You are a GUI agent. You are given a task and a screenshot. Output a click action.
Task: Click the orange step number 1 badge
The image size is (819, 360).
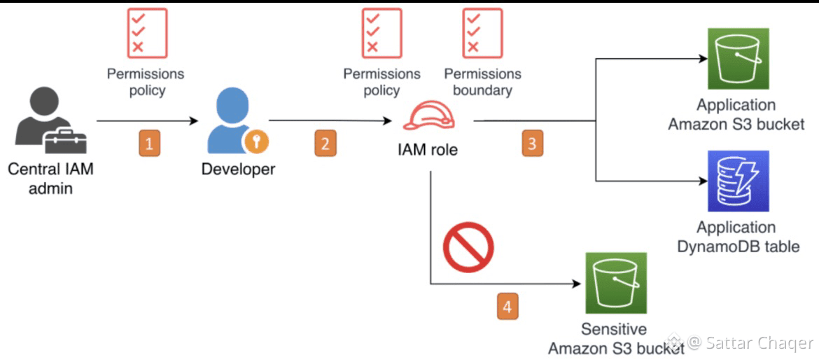point(148,144)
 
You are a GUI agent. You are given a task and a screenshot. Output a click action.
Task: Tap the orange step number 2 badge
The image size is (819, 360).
point(324,144)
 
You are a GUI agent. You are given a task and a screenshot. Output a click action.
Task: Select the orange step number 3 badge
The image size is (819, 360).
point(532,144)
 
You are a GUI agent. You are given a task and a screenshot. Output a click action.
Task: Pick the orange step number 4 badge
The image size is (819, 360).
point(508,307)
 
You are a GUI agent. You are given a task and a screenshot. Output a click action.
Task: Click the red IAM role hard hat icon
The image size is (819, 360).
point(429,115)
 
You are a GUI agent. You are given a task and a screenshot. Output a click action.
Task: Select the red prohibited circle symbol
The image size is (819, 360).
point(468,246)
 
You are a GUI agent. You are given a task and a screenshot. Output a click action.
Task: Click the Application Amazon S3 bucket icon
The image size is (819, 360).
point(738,59)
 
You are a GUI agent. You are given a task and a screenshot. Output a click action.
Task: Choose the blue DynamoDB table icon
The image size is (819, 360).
point(738,181)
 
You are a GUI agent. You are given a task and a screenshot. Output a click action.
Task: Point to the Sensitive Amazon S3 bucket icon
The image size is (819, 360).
point(615,283)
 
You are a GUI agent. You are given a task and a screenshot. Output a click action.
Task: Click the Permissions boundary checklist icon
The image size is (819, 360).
point(482,33)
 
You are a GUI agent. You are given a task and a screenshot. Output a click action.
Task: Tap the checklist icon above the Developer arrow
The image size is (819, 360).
point(147,33)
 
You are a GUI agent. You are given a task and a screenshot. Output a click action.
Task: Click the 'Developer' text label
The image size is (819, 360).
point(238,169)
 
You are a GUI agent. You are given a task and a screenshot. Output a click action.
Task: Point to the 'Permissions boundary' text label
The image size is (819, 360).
point(482,82)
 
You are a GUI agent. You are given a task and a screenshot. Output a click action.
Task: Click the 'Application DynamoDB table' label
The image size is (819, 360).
point(738,237)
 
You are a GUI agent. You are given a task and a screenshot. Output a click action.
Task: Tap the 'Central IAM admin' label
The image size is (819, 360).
point(50,178)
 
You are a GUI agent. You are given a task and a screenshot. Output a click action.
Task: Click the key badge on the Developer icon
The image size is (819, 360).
point(256,142)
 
